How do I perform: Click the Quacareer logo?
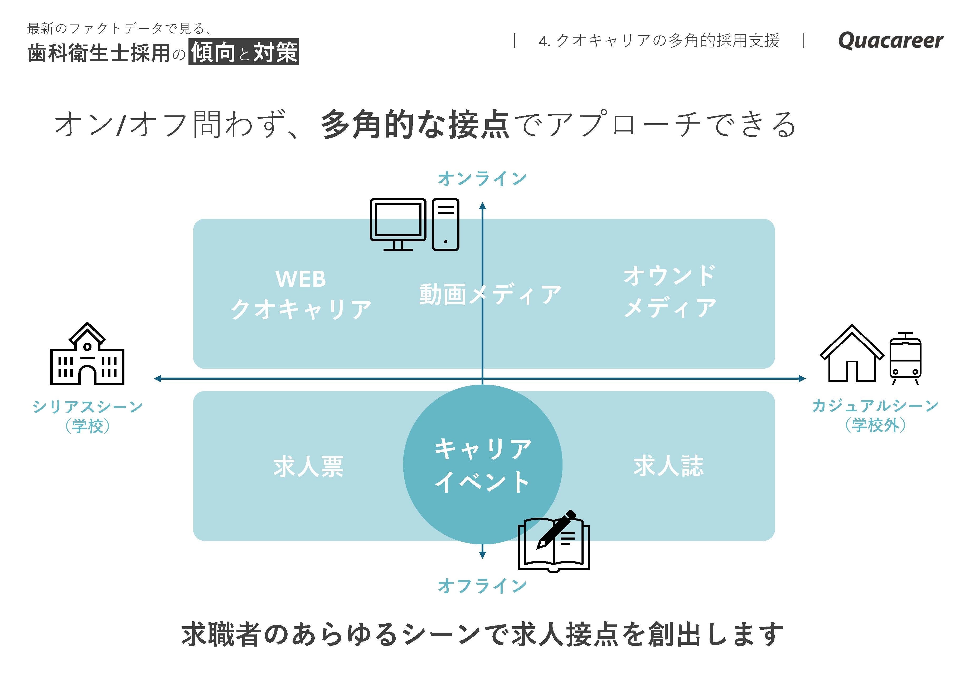tap(890, 41)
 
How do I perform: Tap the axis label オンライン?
tap(482, 179)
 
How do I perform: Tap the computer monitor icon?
tap(398, 224)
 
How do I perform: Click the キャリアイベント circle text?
tap(482, 465)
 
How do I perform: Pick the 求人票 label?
tap(308, 467)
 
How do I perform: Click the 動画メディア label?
tap(490, 294)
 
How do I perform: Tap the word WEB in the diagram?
tap(300, 279)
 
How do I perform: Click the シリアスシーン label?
tap(88, 407)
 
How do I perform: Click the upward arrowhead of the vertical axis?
tap(482, 206)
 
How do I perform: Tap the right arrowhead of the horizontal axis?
tap(802, 379)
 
